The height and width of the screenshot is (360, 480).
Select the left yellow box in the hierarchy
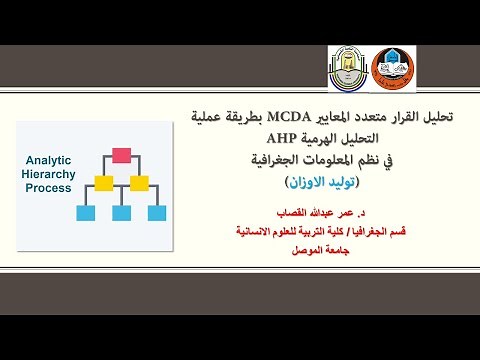pyautogui.click(x=103, y=183)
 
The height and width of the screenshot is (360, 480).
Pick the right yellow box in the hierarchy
pyautogui.click(x=141, y=183)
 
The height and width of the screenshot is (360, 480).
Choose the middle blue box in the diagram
pyautogui.click(x=122, y=212)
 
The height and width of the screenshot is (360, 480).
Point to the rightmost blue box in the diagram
pyautogui.click(x=156, y=212)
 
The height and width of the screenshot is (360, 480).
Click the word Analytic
pyautogui.click(x=46, y=158)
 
